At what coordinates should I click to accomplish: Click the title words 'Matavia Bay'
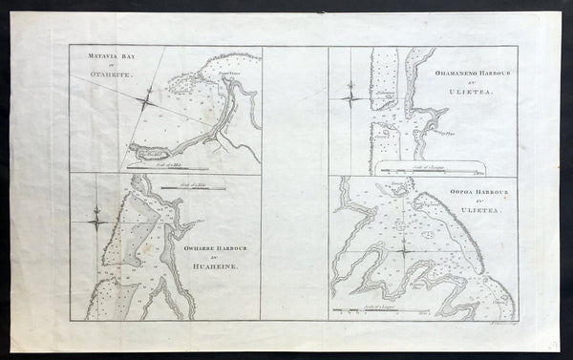pos(96,62)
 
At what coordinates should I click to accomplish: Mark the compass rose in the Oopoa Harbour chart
pos(405,251)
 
